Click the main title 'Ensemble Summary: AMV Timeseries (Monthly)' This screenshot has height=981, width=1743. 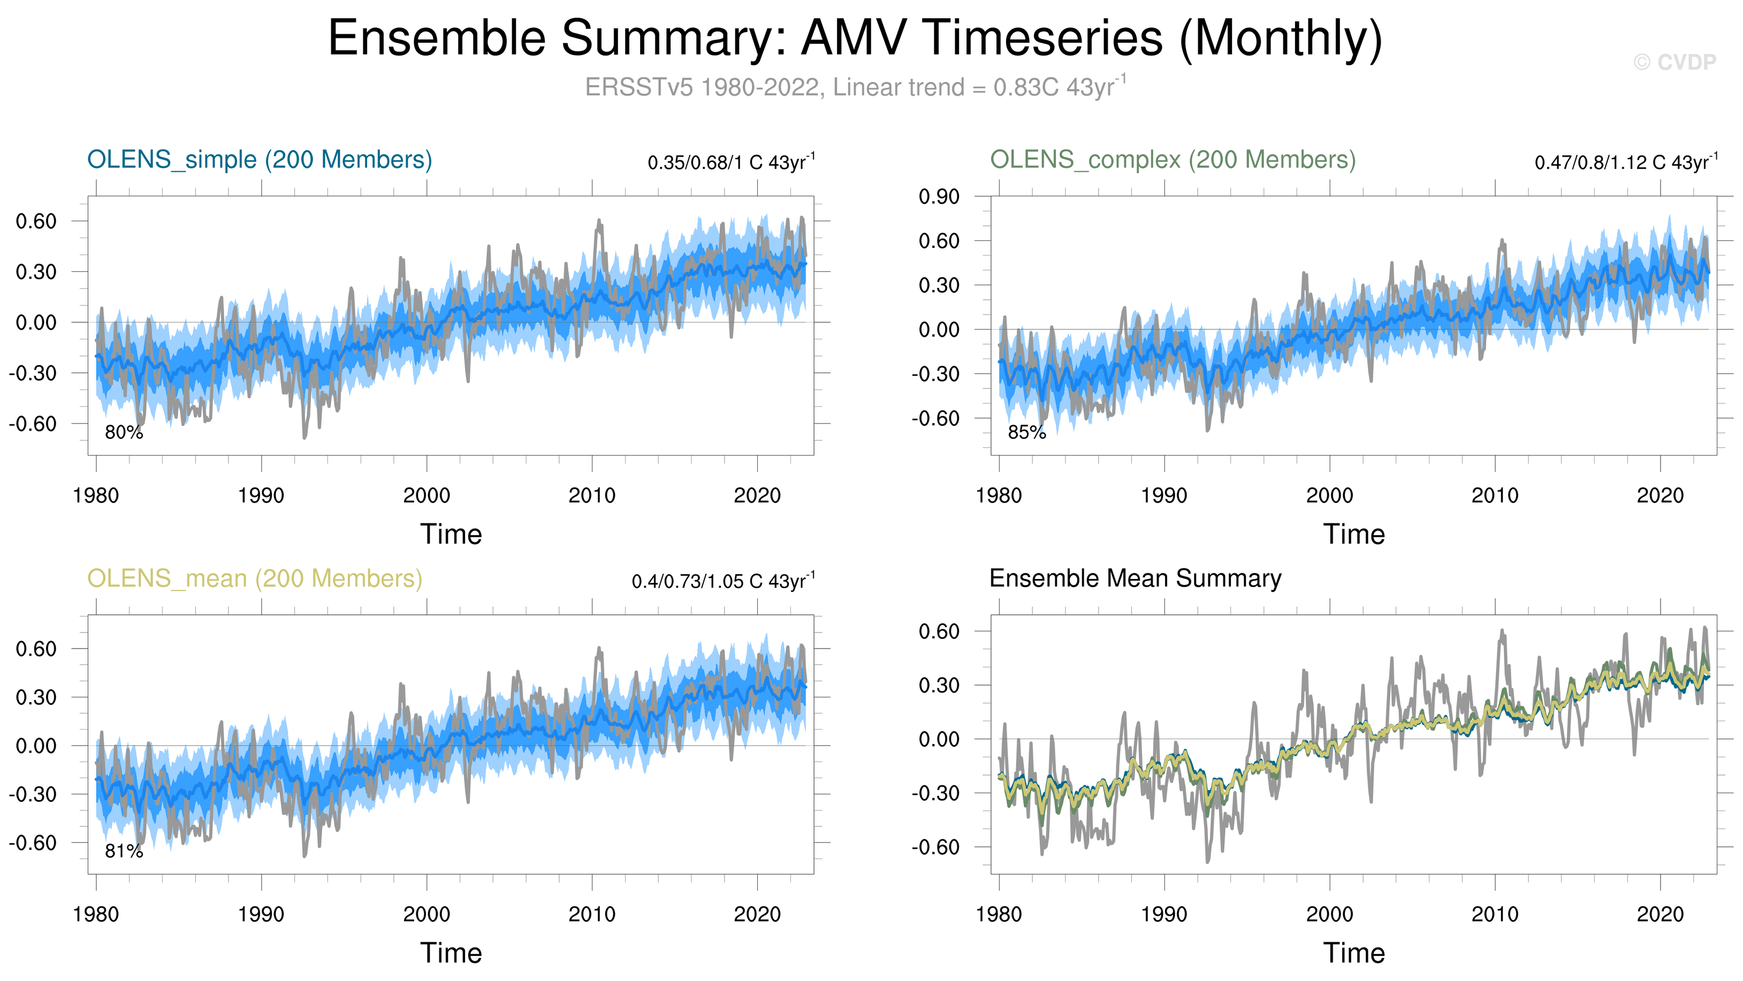coord(855,38)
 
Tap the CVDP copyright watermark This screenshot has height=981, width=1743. coord(1675,62)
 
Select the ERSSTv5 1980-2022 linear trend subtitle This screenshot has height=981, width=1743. coord(855,87)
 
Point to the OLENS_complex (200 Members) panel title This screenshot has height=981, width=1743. coord(1173,159)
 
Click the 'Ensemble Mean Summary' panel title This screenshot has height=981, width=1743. coord(1135,579)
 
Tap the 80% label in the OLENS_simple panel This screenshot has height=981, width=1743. coord(124,432)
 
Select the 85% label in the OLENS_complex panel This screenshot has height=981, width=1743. coord(1026,432)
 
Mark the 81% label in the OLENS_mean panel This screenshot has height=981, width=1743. coord(124,851)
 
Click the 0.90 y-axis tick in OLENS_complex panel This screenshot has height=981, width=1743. coord(939,197)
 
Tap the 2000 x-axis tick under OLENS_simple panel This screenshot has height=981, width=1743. coord(427,496)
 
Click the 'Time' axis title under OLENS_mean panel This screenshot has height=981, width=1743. coord(451,953)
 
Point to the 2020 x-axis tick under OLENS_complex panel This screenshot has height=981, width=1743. coord(1660,496)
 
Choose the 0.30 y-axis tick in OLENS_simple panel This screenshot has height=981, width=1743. coord(36,272)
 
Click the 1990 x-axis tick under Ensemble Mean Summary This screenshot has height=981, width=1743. coord(1164,915)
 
